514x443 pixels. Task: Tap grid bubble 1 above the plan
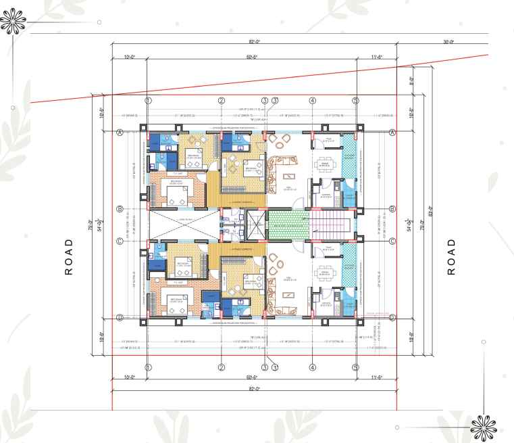click(x=148, y=101)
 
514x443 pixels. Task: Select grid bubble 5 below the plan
click(x=355, y=367)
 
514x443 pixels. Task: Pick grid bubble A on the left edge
click(x=120, y=133)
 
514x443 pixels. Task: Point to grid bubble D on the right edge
click(x=392, y=317)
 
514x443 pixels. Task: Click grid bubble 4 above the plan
click(x=312, y=101)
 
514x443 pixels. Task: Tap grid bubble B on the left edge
click(x=120, y=209)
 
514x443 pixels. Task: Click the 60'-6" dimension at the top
click(x=253, y=57)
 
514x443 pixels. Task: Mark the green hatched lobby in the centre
click(x=287, y=224)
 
